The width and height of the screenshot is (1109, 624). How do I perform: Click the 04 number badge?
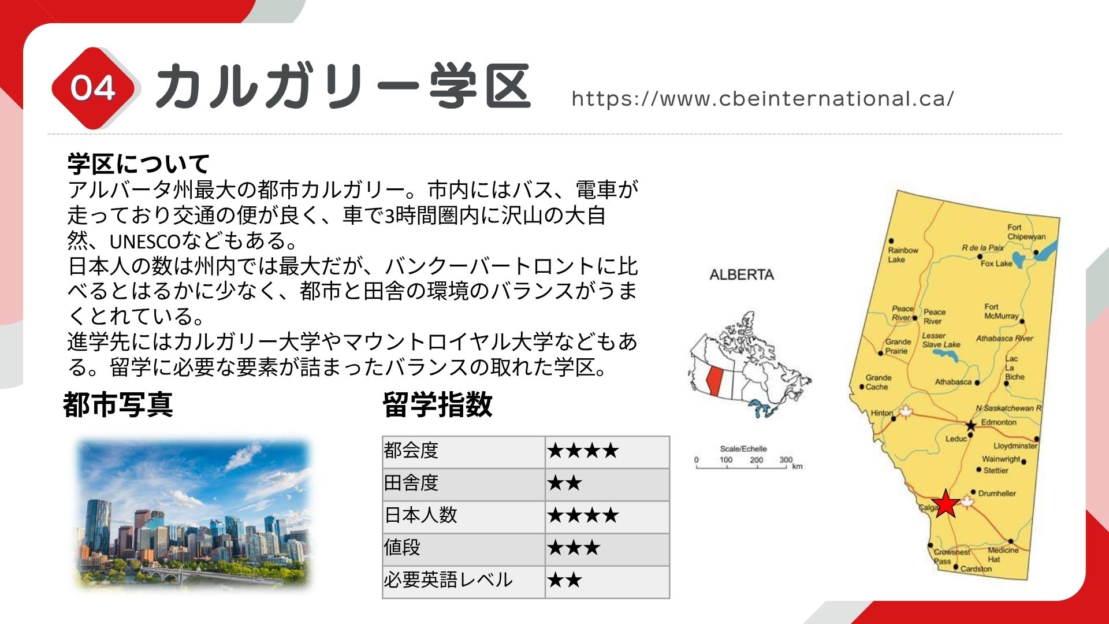pyautogui.click(x=93, y=88)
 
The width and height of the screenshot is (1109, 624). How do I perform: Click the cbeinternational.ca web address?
pyautogui.click(x=763, y=99)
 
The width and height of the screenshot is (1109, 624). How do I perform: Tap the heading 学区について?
pyautogui.click(x=138, y=164)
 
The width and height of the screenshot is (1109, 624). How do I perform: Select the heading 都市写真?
pyautogui.click(x=118, y=404)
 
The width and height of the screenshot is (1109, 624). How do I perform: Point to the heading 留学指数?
pyautogui.click(x=437, y=404)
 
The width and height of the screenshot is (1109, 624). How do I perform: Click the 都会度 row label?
pyautogui.click(x=411, y=450)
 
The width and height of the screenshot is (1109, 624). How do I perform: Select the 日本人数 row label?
pyautogui.click(x=420, y=515)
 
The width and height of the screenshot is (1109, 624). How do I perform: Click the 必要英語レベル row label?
pyautogui.click(x=448, y=580)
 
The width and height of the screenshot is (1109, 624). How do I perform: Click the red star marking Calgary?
pyautogui.click(x=946, y=504)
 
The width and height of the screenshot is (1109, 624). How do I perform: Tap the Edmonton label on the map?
pyautogui.click(x=999, y=422)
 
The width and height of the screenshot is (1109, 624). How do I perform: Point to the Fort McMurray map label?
pyautogui.click(x=1002, y=311)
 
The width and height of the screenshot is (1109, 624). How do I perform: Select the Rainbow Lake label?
pyautogui.click(x=903, y=255)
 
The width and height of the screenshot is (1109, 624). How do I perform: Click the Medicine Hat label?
pyautogui.click(x=1003, y=555)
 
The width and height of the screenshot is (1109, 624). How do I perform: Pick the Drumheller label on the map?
pyautogui.click(x=997, y=493)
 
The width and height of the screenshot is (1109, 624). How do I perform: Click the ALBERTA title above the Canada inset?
pyautogui.click(x=742, y=274)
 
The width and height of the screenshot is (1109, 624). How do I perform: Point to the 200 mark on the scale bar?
pyautogui.click(x=756, y=460)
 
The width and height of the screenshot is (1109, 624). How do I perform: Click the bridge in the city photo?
pyautogui.click(x=173, y=574)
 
